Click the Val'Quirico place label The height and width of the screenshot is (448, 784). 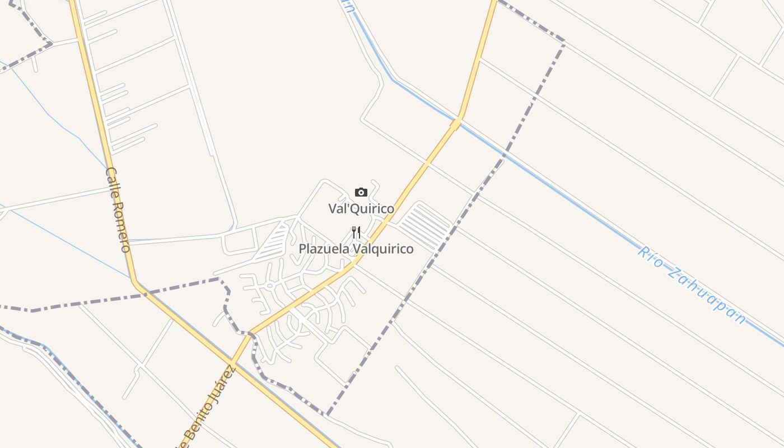tap(361, 209)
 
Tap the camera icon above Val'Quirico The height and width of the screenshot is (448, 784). tap(361, 193)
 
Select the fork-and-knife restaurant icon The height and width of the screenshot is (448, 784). tap(356, 232)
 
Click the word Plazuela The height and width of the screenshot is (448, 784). tap(321, 249)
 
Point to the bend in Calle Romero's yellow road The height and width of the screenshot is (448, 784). tap(135, 282)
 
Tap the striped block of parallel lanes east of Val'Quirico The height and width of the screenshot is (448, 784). tap(426, 226)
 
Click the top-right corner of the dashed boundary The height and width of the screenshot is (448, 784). tap(563, 42)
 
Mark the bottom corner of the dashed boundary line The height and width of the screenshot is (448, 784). tap(326, 415)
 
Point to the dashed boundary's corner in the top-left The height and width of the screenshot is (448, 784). tap(50, 43)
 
